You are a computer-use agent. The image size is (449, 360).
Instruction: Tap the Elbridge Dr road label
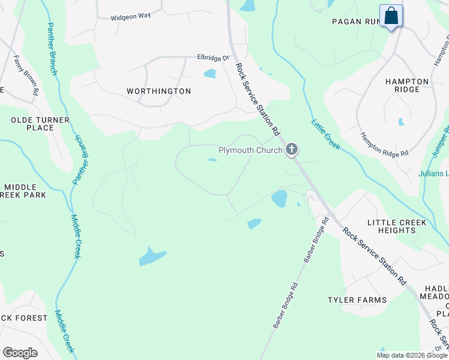[x=214, y=58]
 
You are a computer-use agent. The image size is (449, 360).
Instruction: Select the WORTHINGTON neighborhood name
[x=158, y=91]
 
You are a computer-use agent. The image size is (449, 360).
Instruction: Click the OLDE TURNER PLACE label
[x=40, y=124]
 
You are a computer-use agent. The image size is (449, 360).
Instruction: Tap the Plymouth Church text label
[x=250, y=150]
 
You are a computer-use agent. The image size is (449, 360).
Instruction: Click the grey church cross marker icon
[x=292, y=149]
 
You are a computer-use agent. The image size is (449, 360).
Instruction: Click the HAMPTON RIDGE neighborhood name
[x=407, y=85]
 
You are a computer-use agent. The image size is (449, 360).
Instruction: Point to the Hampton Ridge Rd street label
[x=384, y=145]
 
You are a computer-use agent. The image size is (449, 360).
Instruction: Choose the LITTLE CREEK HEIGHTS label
[x=397, y=227]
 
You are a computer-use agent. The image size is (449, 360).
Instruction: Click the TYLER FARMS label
[x=357, y=299]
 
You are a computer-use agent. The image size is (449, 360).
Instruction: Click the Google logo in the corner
[x=20, y=352]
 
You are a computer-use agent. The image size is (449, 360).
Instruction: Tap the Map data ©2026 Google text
[x=411, y=355]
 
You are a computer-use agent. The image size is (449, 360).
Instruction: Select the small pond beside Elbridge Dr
[x=209, y=74]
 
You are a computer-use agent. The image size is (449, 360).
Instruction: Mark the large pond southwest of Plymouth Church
[x=152, y=256]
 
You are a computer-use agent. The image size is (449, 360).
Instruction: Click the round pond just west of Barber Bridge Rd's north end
[x=279, y=198]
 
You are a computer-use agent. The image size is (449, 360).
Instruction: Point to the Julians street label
[x=433, y=174]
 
